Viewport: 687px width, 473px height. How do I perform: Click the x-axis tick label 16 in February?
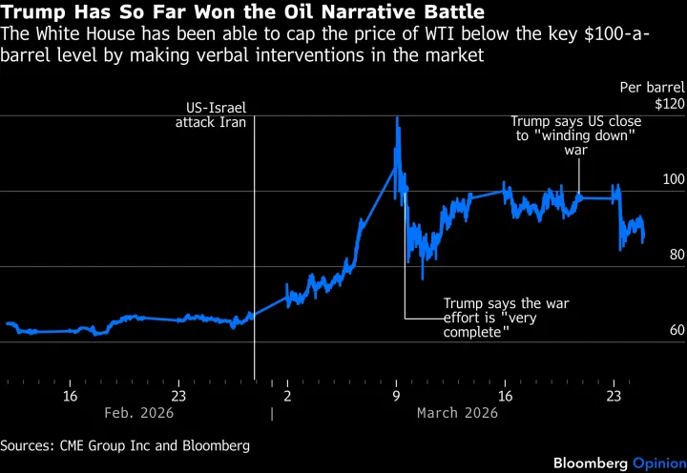(70, 396)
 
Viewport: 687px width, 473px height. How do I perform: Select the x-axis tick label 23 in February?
(177, 396)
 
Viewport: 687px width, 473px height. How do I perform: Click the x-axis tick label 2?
(287, 396)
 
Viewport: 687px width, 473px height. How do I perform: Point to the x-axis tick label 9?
(396, 396)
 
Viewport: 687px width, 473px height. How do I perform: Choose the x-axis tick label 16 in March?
(505, 396)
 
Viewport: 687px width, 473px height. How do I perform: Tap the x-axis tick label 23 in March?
(614, 396)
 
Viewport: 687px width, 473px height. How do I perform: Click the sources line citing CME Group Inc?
(125, 445)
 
